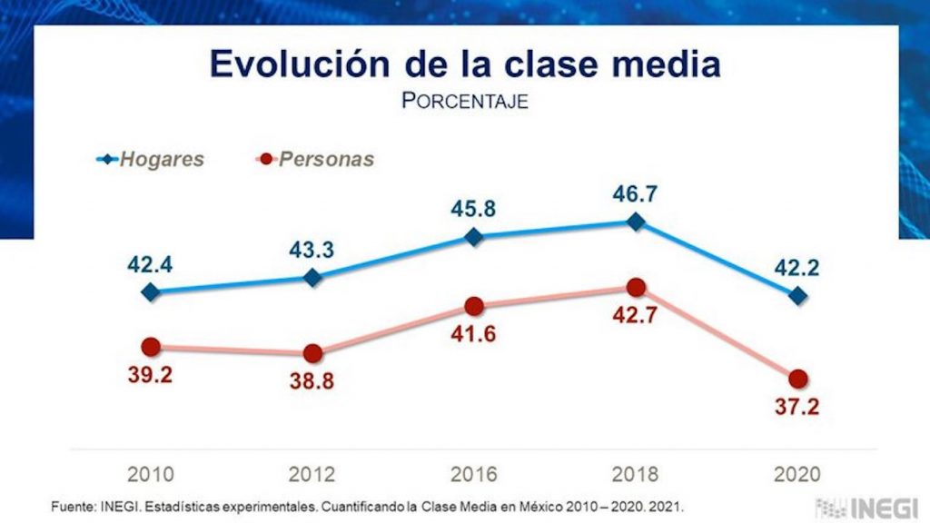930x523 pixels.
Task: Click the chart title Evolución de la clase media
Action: (465, 64)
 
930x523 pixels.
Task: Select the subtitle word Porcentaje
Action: (465, 101)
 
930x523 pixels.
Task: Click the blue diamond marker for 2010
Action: (151, 292)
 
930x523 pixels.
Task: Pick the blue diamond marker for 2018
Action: (636, 222)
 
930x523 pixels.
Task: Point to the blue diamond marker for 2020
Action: (797, 295)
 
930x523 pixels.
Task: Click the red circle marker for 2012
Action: (312, 353)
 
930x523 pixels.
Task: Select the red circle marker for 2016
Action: (473, 307)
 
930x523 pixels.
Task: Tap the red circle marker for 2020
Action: (797, 379)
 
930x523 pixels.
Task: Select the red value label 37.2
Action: (797, 407)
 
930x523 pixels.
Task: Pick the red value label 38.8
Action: (312, 381)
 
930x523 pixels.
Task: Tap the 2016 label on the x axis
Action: (473, 474)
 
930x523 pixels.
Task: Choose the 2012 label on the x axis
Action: (312, 474)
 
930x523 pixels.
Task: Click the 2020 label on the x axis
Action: (797, 474)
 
